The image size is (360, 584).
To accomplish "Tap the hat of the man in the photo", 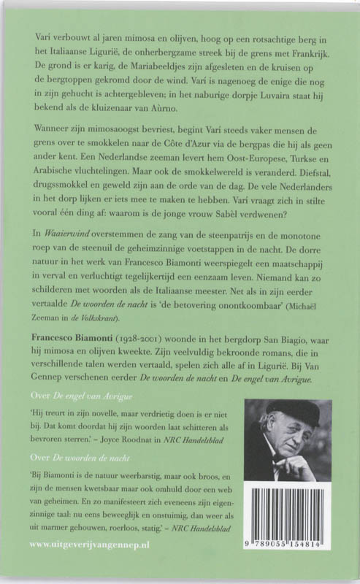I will tap(290, 412).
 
